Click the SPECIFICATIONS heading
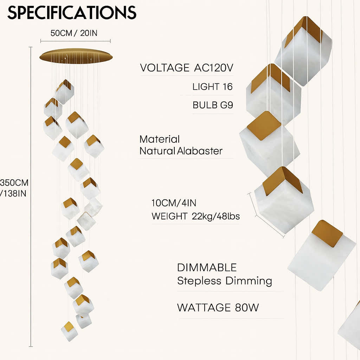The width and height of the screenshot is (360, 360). click(x=72, y=13)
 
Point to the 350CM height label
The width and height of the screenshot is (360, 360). click(x=14, y=183)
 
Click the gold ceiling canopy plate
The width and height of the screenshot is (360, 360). click(x=76, y=56)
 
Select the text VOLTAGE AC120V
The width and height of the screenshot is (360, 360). click(x=186, y=68)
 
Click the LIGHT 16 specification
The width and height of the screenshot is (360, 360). click(x=212, y=87)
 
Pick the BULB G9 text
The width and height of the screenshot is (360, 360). click(x=212, y=105)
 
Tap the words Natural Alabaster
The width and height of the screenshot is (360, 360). click(x=181, y=151)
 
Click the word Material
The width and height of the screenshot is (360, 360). click(x=160, y=139)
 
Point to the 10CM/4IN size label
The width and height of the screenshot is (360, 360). click(x=173, y=203)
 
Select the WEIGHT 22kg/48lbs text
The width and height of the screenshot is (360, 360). click(x=195, y=216)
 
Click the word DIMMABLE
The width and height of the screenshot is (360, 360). click(x=207, y=268)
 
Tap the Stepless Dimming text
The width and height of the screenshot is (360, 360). click(x=224, y=281)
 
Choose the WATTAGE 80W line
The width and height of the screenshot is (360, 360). click(x=218, y=308)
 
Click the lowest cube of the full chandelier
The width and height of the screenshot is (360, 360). click(x=69, y=331)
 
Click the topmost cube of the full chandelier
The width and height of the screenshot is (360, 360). click(x=65, y=91)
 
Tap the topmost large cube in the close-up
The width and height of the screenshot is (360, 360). click(x=303, y=49)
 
